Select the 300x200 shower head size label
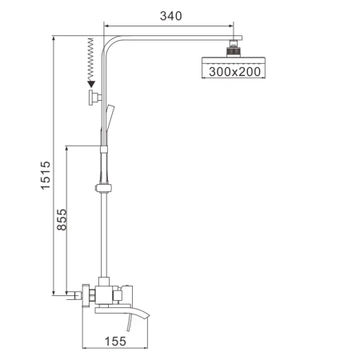(234, 72)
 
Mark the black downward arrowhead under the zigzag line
(92, 82)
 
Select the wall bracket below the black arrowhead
(94, 98)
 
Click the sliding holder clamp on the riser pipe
(102, 189)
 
